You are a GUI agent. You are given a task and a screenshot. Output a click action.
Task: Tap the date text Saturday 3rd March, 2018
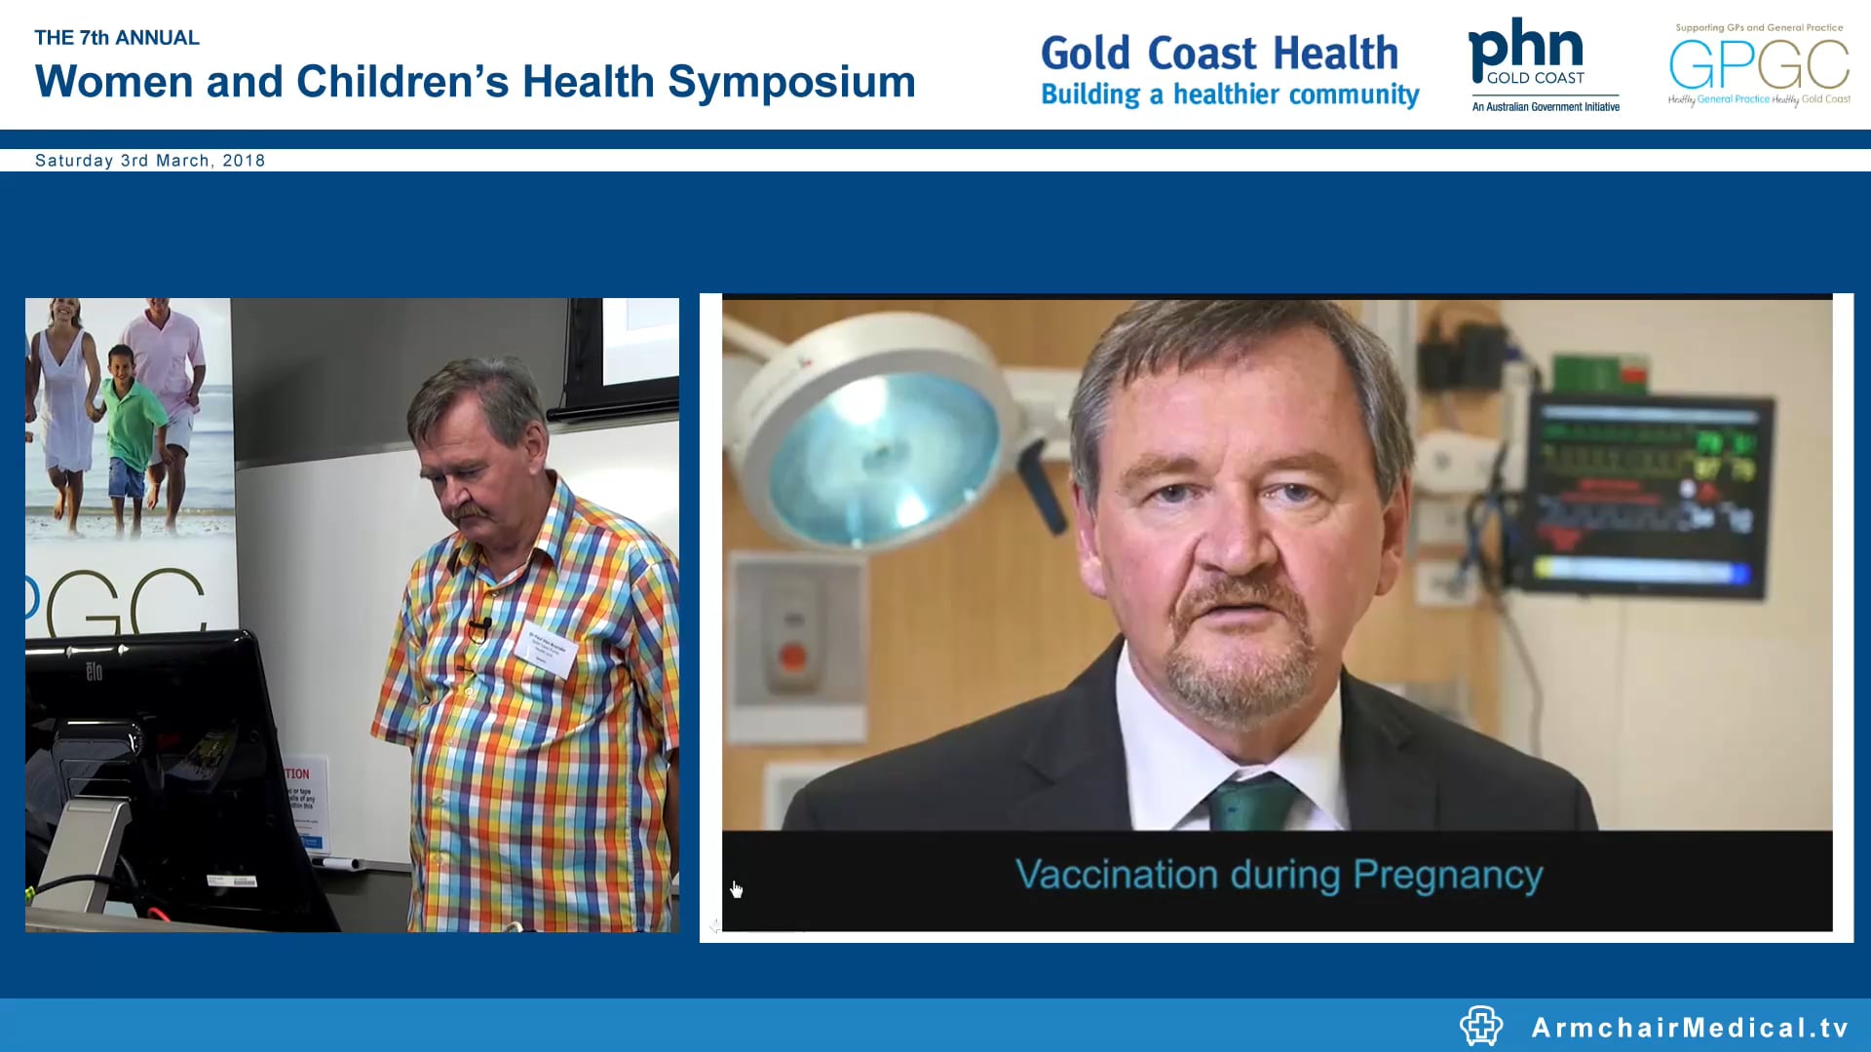click(150, 161)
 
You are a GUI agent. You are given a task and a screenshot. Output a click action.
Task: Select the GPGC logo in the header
click(1759, 64)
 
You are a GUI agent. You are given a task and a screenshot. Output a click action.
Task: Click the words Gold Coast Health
click(1219, 53)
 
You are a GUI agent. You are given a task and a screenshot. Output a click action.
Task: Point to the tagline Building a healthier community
click(1230, 94)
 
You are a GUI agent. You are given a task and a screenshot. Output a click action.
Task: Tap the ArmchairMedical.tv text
click(1690, 1028)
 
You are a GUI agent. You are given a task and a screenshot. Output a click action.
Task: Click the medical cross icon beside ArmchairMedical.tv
click(1480, 1026)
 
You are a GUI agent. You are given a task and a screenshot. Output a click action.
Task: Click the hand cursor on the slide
click(737, 889)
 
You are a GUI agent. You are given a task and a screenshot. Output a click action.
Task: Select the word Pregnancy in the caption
click(1448, 875)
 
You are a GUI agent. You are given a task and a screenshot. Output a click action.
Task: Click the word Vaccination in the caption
click(1117, 875)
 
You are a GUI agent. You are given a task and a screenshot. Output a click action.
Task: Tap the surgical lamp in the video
click(877, 448)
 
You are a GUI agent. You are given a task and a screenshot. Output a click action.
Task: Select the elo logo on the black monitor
click(94, 671)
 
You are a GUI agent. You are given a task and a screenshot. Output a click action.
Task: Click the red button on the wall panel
click(793, 657)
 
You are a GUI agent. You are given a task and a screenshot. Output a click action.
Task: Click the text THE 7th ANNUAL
click(117, 38)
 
